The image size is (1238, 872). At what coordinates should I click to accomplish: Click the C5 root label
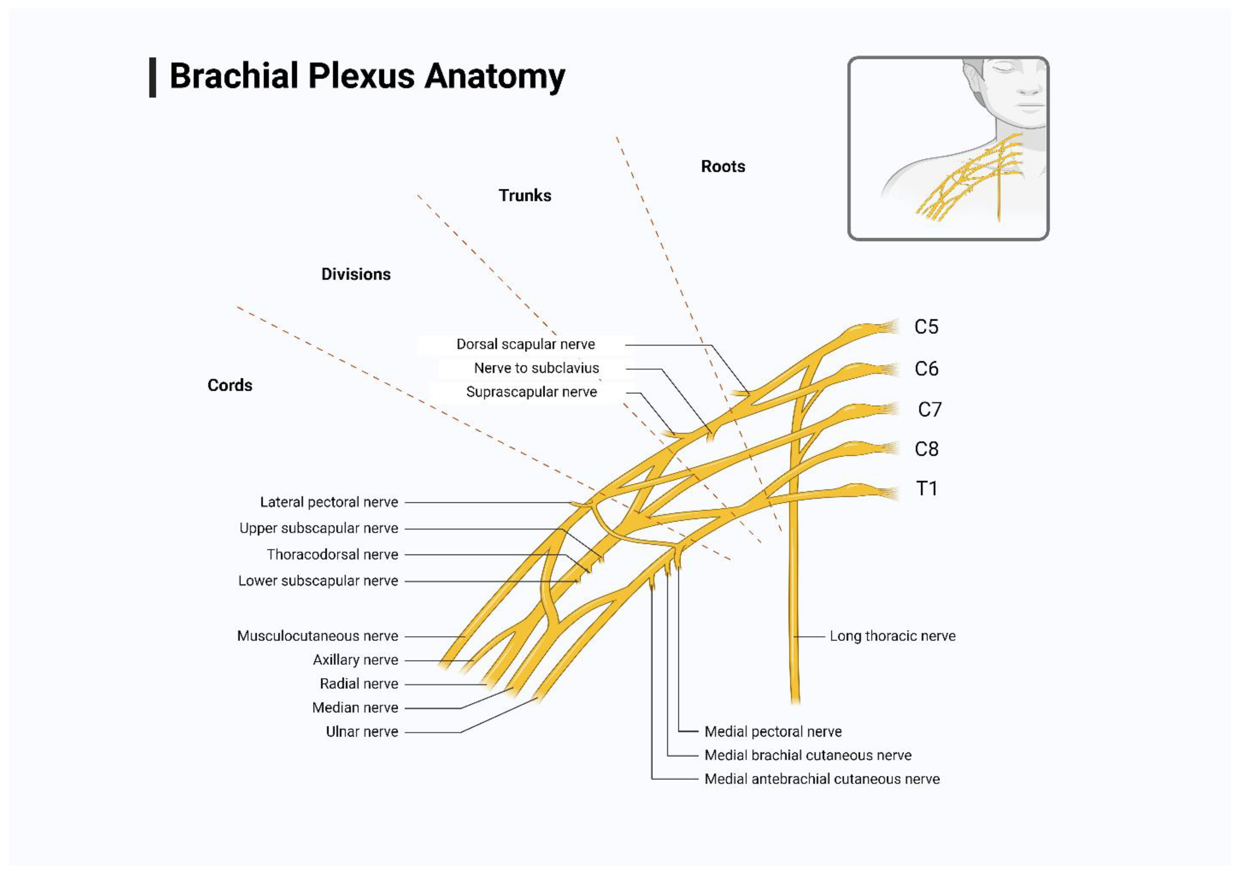[926, 327]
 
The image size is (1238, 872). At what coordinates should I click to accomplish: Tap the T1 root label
[926, 489]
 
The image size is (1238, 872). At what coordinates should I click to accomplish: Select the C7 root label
[929, 410]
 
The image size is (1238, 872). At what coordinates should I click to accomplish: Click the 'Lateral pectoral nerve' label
[329, 502]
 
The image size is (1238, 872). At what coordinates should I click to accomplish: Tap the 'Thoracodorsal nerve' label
[332, 554]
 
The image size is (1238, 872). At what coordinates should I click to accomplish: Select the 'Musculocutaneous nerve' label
[318, 636]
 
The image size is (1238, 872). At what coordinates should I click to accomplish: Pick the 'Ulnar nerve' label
[362, 731]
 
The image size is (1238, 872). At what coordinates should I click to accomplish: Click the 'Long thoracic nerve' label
[892, 636]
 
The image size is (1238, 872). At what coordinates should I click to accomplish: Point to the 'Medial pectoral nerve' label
[773, 731]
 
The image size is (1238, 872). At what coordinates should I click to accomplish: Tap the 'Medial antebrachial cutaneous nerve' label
[822, 779]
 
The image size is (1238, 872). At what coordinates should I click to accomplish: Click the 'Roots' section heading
[723, 166]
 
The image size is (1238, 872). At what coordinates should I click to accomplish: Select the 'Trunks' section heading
[525, 195]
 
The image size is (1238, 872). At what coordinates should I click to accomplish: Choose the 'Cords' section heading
[230, 385]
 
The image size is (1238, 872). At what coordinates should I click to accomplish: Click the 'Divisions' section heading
[356, 274]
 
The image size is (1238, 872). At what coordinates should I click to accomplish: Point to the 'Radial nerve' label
[358, 684]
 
